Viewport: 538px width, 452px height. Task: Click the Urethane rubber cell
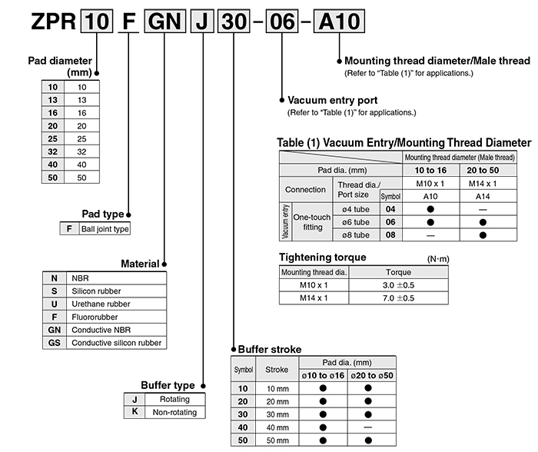[101, 304]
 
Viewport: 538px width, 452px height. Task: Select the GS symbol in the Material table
[54, 342]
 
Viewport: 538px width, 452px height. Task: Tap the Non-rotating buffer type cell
[174, 412]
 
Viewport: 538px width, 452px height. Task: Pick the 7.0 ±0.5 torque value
[398, 297]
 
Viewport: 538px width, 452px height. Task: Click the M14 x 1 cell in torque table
[313, 297]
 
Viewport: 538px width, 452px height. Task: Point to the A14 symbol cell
[482, 196]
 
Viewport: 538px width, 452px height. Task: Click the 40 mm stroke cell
[277, 427]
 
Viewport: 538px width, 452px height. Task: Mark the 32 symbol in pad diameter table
[52, 151]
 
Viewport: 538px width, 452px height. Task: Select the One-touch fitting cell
[313, 221]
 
